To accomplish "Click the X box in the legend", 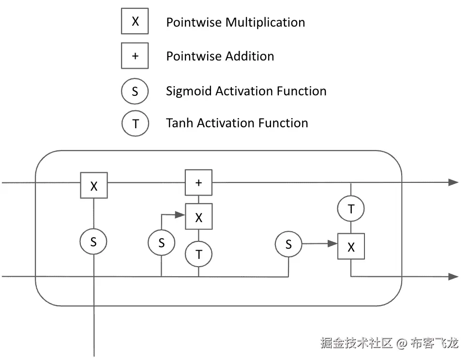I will point(135,21).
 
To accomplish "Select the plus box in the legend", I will point(135,56).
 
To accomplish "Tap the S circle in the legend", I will point(135,91).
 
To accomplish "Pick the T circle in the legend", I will point(135,123).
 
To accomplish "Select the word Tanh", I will point(179,123).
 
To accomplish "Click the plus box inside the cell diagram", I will point(198,182).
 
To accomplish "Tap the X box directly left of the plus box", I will point(94,186).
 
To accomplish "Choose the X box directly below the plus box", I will point(198,217).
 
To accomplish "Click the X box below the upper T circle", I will point(351,247).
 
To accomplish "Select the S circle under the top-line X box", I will point(93,241).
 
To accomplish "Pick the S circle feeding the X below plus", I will point(162,242).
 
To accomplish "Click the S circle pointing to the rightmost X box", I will point(288,244).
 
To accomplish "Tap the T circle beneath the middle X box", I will point(198,254).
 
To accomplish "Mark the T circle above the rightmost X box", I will point(351,209).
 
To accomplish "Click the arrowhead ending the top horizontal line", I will point(453,182).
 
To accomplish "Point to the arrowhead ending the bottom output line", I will point(453,277).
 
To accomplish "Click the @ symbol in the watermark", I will point(401,344).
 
